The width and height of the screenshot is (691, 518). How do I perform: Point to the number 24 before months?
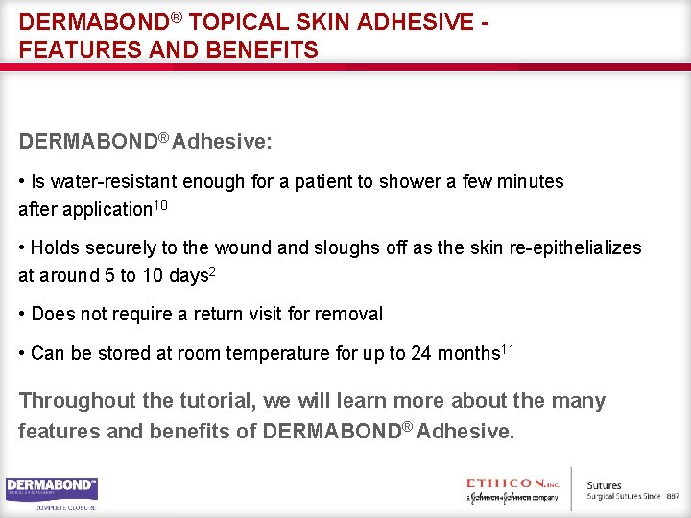[420, 353]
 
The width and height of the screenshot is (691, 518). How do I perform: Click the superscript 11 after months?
[509, 349]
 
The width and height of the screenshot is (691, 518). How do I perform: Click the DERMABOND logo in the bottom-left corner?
[51, 488]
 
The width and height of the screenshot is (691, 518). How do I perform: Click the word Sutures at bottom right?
[604, 486]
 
